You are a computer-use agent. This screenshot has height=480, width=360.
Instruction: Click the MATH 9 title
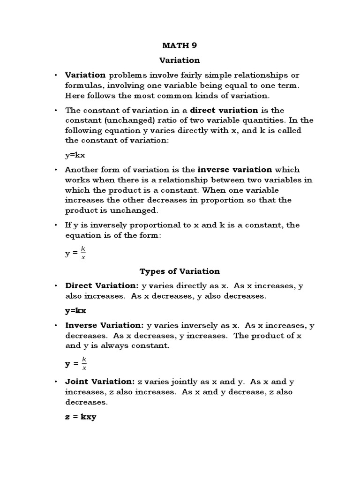pos(180,45)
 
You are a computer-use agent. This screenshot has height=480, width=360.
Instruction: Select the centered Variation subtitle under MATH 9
pos(180,60)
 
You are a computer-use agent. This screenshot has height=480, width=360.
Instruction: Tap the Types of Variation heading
pos(180,271)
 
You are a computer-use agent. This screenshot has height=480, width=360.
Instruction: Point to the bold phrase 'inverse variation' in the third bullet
pos(235,170)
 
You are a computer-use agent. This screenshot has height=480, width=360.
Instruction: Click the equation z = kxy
pos(80,417)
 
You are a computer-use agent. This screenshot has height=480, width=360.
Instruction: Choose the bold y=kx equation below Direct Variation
pos(75,310)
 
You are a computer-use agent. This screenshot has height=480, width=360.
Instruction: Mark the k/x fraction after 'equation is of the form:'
pos(83,253)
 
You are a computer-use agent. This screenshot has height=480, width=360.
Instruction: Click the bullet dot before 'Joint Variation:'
pos(56,382)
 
